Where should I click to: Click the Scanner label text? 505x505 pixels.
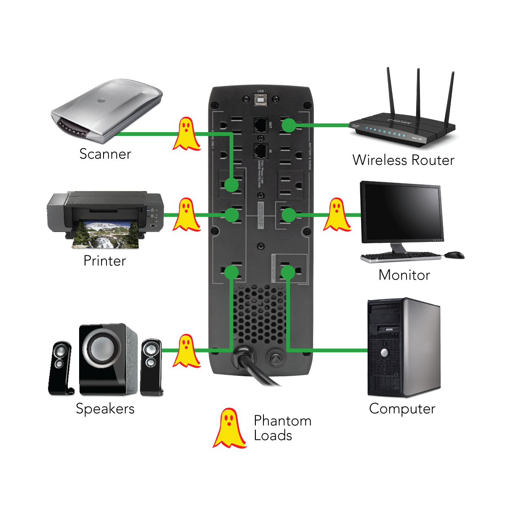[105, 154]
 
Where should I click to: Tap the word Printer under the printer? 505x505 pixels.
[105, 261]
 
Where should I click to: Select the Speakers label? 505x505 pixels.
[105, 409]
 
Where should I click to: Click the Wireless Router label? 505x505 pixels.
[404, 160]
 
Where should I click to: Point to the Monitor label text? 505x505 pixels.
[404, 275]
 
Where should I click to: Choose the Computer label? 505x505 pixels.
[402, 409]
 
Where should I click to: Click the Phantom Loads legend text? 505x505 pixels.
[283, 428]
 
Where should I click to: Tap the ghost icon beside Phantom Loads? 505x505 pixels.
[229, 428]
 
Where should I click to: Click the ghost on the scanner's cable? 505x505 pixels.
[186, 134]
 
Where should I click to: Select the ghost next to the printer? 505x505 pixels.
[186, 215]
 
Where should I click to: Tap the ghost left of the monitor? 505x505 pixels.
[337, 215]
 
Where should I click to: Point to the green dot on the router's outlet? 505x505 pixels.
[289, 125]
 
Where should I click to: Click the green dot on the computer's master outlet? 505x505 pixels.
[288, 272]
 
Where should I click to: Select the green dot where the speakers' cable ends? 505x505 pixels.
[231, 272]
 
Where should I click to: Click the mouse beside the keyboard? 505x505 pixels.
[454, 255]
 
